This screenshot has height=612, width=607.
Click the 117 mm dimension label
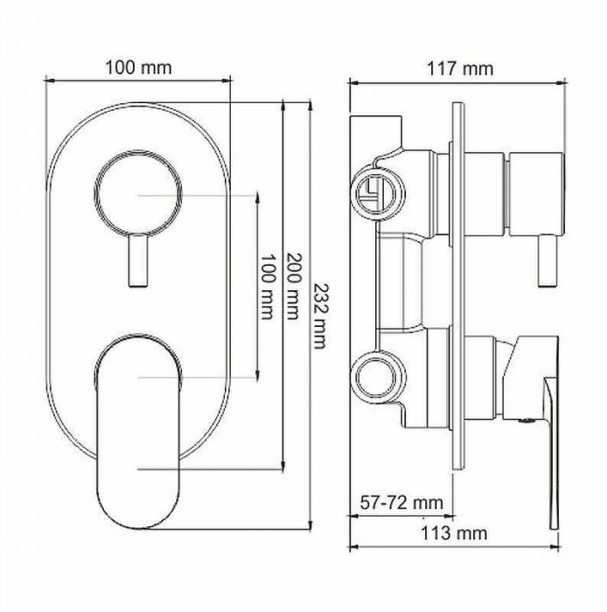coord(460,69)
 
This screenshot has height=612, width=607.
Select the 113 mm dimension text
coord(454,533)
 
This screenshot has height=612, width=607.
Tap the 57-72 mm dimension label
coord(401,503)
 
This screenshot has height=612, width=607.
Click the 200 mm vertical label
coord(294,286)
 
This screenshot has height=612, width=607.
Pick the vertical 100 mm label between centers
coord(268,287)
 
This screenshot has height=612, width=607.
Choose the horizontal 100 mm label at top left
coord(138,68)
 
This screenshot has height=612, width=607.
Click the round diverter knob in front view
coord(138,193)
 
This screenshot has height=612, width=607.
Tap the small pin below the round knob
coord(138,261)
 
